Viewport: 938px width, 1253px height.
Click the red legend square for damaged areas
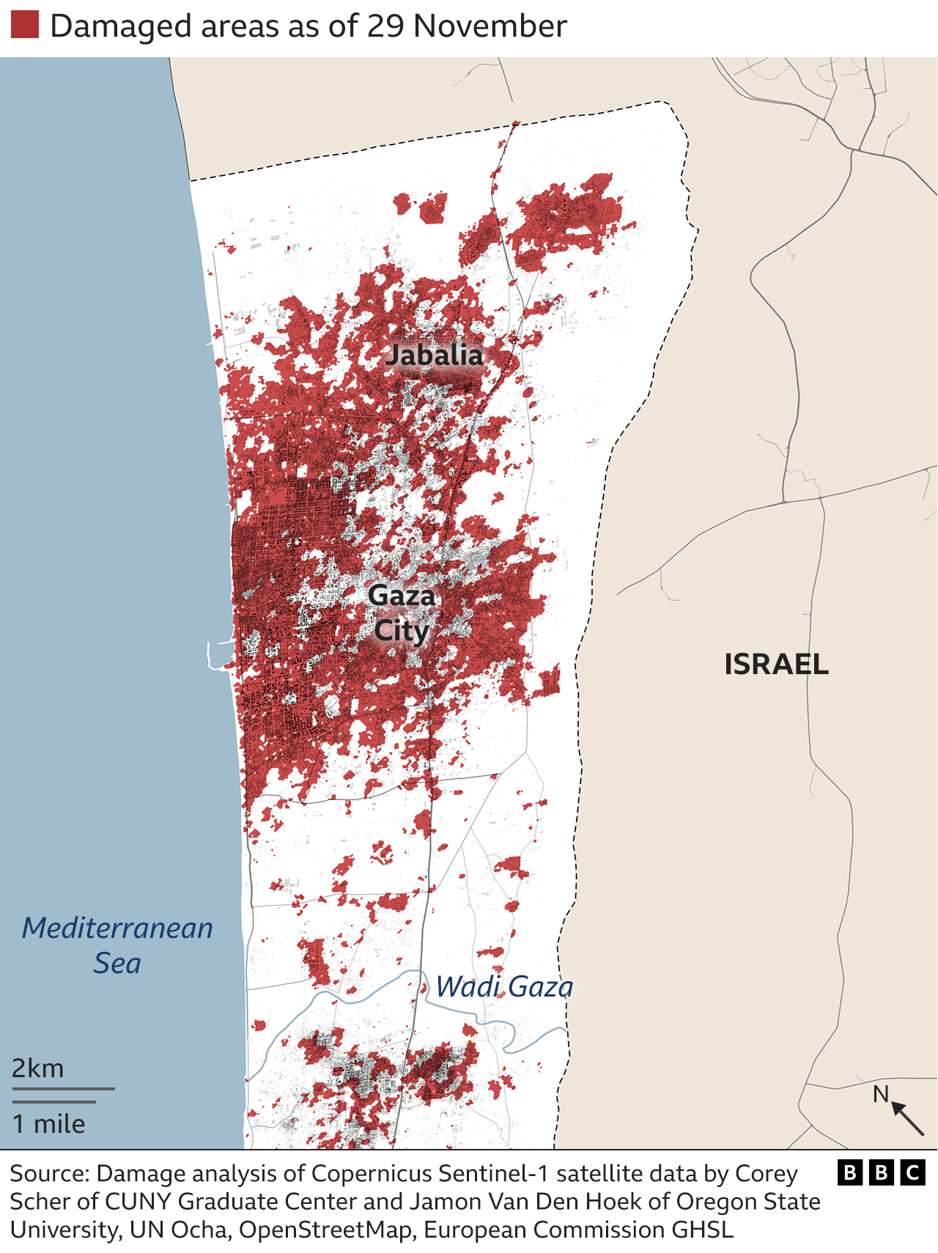click(25, 25)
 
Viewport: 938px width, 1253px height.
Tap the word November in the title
click(490, 26)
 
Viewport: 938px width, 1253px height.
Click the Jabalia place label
click(435, 355)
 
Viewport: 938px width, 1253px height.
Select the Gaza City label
click(401, 613)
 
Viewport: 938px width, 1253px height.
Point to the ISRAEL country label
click(776, 665)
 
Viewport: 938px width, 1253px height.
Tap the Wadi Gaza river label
click(504, 987)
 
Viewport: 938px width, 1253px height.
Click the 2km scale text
click(38, 1068)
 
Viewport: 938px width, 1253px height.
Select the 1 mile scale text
click(48, 1124)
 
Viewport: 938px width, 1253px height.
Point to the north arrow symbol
click(909, 1119)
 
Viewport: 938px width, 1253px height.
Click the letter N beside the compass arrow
click(880, 1094)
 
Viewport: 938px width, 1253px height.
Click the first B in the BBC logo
click(850, 1173)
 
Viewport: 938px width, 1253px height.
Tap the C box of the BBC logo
click(912, 1173)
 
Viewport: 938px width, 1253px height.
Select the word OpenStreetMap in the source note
click(325, 1230)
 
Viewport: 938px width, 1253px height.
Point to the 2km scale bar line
click(63, 1089)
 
